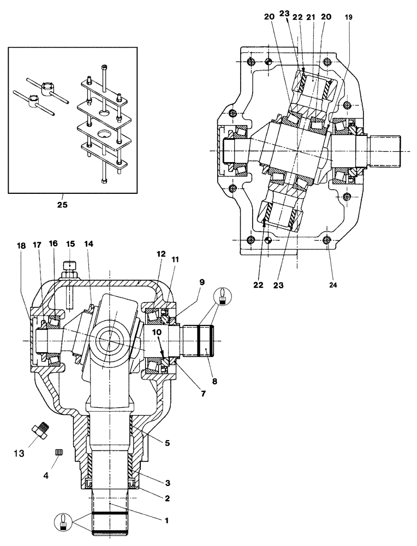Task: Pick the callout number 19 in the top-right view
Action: [x=349, y=17]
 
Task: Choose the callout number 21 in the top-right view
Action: [x=312, y=17]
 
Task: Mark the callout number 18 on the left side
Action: [x=20, y=247]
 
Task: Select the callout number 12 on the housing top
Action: [x=160, y=254]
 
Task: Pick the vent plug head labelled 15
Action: [x=69, y=266]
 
